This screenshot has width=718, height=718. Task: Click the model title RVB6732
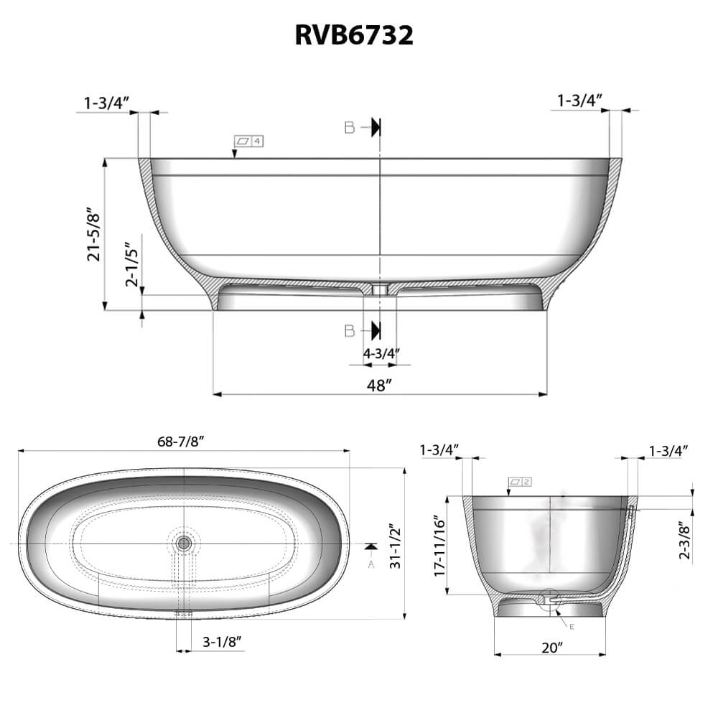(354, 35)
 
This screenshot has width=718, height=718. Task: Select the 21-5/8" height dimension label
(94, 235)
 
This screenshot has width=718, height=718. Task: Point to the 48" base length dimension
(379, 385)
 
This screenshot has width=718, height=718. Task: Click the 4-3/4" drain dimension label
(381, 353)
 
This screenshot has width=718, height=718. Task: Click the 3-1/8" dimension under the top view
(220, 640)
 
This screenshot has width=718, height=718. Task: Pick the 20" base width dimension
(551, 647)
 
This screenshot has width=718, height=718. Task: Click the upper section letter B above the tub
(350, 128)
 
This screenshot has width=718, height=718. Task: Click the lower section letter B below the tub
(350, 330)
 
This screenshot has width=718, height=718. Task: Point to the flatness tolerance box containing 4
(249, 141)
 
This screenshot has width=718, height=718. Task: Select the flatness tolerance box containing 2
(519, 481)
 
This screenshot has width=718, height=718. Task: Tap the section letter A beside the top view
(370, 564)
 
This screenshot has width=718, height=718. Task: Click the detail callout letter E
(572, 627)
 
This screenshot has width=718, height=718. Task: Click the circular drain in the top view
(184, 543)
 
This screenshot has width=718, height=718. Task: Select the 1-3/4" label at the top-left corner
(106, 103)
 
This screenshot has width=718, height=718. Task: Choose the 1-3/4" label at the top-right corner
(579, 101)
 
